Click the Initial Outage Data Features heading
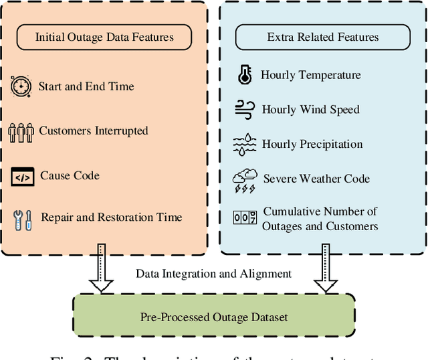click(x=104, y=37)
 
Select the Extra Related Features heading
click(x=323, y=37)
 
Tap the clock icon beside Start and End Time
click(x=21, y=86)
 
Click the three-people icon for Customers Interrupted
click(x=21, y=131)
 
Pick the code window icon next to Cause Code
click(x=22, y=177)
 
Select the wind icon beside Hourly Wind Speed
click(x=243, y=110)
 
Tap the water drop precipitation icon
click(x=244, y=144)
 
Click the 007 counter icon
click(x=245, y=217)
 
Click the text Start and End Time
click(x=86, y=86)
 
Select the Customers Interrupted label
click(x=94, y=131)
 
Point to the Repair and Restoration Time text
click(x=111, y=217)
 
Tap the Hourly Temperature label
click(x=310, y=76)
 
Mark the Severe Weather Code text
click(x=316, y=179)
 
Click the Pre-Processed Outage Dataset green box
click(x=214, y=317)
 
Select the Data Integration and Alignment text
click(x=214, y=273)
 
